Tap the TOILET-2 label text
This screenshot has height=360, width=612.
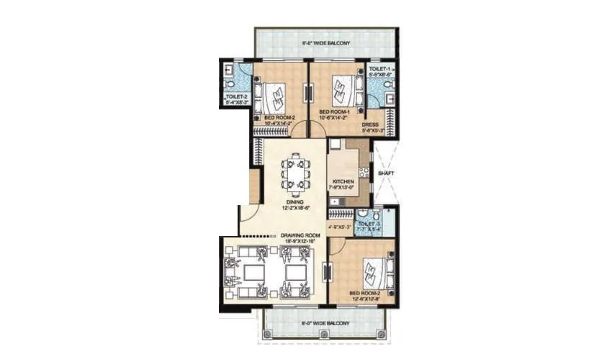(237, 96)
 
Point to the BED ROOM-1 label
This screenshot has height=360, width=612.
(334, 112)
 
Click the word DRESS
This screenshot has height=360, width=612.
(370, 123)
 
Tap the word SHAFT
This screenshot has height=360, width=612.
(384, 174)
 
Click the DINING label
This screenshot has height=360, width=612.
(294, 202)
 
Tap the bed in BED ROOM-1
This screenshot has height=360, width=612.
(344, 91)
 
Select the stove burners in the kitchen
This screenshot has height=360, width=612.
(364, 173)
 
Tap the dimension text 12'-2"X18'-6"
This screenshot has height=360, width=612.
(294, 209)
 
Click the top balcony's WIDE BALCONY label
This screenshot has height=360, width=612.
(325, 44)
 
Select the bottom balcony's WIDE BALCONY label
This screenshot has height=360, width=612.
(325, 323)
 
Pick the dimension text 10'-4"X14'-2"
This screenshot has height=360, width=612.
(278, 123)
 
